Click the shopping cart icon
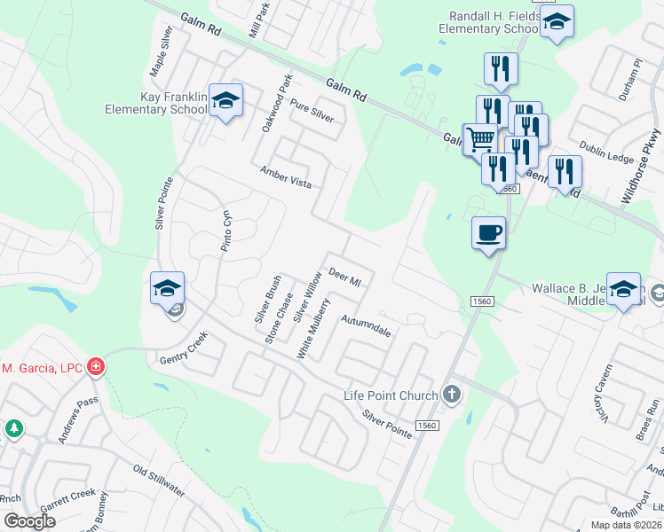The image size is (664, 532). pos(480,139)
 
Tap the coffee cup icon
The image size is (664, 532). pos(488,233)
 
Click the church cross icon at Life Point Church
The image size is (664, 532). pos(452,395)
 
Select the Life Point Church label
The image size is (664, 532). pos(391,395)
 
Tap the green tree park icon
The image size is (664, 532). pos(13,429)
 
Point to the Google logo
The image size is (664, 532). pos(30,520)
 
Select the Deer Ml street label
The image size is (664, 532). pos(345,277)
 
